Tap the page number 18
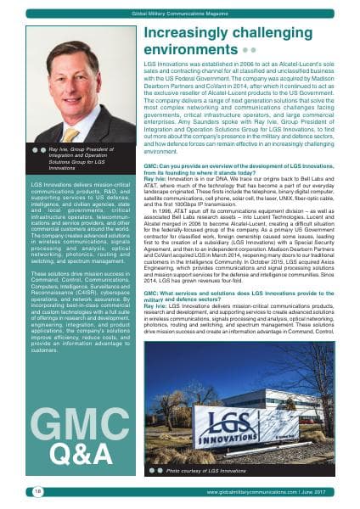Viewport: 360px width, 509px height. tap(37, 491)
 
